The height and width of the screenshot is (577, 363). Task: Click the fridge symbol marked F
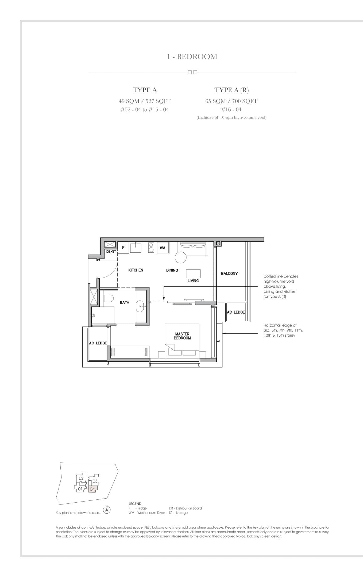(123, 248)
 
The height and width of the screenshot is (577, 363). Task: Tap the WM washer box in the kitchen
(162, 248)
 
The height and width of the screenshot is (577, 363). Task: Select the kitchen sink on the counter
(136, 248)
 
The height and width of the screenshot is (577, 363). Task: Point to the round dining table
(181, 258)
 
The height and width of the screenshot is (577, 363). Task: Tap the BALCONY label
(229, 274)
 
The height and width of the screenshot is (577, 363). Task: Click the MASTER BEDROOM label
(182, 336)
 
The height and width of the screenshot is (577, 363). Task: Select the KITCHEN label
(136, 270)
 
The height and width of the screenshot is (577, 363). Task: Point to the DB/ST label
(111, 252)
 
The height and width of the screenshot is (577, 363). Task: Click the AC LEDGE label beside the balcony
(235, 312)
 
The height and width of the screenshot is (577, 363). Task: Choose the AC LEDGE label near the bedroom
(98, 343)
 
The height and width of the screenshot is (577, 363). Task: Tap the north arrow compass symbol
(107, 510)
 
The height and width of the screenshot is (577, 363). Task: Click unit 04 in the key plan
(92, 489)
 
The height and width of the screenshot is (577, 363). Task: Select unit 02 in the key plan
(81, 478)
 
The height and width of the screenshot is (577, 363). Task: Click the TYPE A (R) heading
(231, 90)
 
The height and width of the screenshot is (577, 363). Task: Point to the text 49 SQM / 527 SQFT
(145, 101)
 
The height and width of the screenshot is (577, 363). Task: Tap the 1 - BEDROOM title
(192, 56)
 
